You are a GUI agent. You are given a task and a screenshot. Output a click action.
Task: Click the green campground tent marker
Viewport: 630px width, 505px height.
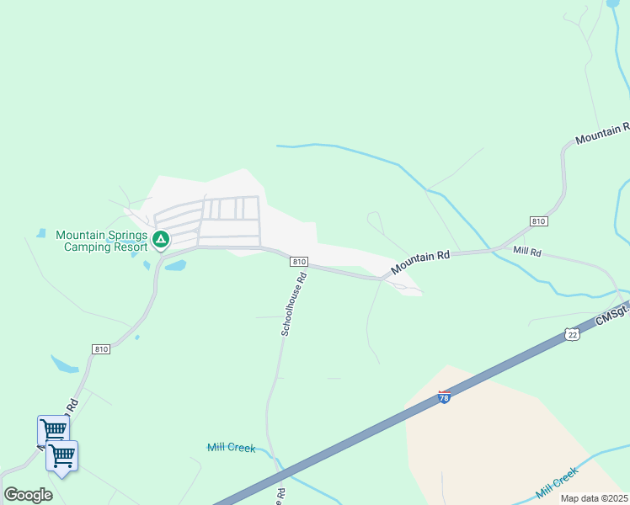tap(161, 240)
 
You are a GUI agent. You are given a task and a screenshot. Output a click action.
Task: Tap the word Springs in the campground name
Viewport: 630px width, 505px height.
tap(125, 235)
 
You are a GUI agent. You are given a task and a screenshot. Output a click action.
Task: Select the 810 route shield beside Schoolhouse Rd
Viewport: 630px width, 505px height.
tap(299, 262)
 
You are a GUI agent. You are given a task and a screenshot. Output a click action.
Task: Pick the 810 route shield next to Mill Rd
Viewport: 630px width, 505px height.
tap(539, 221)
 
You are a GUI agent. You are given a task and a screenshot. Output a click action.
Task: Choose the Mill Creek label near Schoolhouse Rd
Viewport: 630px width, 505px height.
tap(231, 448)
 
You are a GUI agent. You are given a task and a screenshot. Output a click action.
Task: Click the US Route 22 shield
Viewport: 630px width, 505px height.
tap(573, 335)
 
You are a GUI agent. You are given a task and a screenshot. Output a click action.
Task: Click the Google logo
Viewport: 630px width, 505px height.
tap(28, 495)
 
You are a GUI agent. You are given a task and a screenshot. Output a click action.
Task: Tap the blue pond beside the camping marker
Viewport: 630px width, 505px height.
tap(174, 266)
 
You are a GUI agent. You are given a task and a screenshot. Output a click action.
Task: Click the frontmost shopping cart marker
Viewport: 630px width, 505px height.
tap(61, 456)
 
